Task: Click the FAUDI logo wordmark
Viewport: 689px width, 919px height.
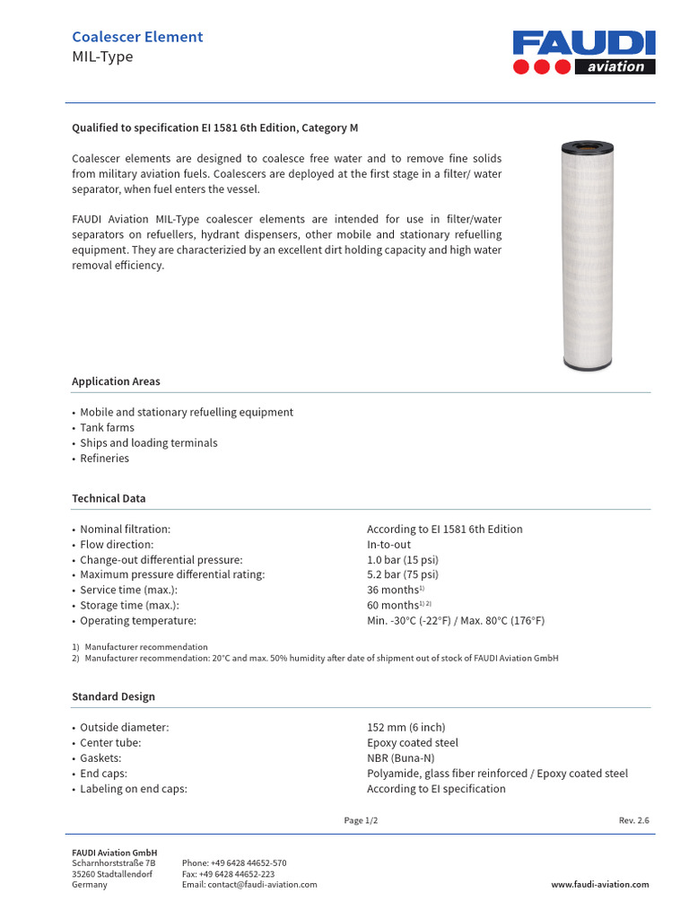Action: point(584,43)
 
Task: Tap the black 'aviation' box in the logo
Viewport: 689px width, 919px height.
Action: point(615,66)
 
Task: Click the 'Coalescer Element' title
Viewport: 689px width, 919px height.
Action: point(137,37)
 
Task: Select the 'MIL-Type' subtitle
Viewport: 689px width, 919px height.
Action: point(102,57)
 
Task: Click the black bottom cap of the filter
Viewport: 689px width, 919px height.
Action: point(589,364)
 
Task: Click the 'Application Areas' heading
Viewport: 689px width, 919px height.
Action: point(116,381)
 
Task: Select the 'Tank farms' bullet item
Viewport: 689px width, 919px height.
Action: point(107,428)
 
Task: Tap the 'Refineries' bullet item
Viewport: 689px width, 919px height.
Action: point(104,459)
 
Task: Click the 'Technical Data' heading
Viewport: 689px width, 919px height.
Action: point(109,498)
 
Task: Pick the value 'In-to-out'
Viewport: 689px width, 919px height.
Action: point(388,545)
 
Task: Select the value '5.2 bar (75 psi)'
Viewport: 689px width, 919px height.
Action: point(402,574)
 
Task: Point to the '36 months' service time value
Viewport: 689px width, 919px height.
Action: point(393,590)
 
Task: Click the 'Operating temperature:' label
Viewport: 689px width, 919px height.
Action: point(137,620)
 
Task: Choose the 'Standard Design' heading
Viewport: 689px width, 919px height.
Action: point(113,696)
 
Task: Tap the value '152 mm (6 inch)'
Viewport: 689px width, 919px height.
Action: point(406,727)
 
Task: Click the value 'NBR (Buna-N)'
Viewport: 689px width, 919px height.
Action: point(399,758)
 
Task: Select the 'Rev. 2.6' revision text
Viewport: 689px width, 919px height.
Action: point(633,820)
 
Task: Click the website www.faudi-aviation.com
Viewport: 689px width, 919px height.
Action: point(599,884)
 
